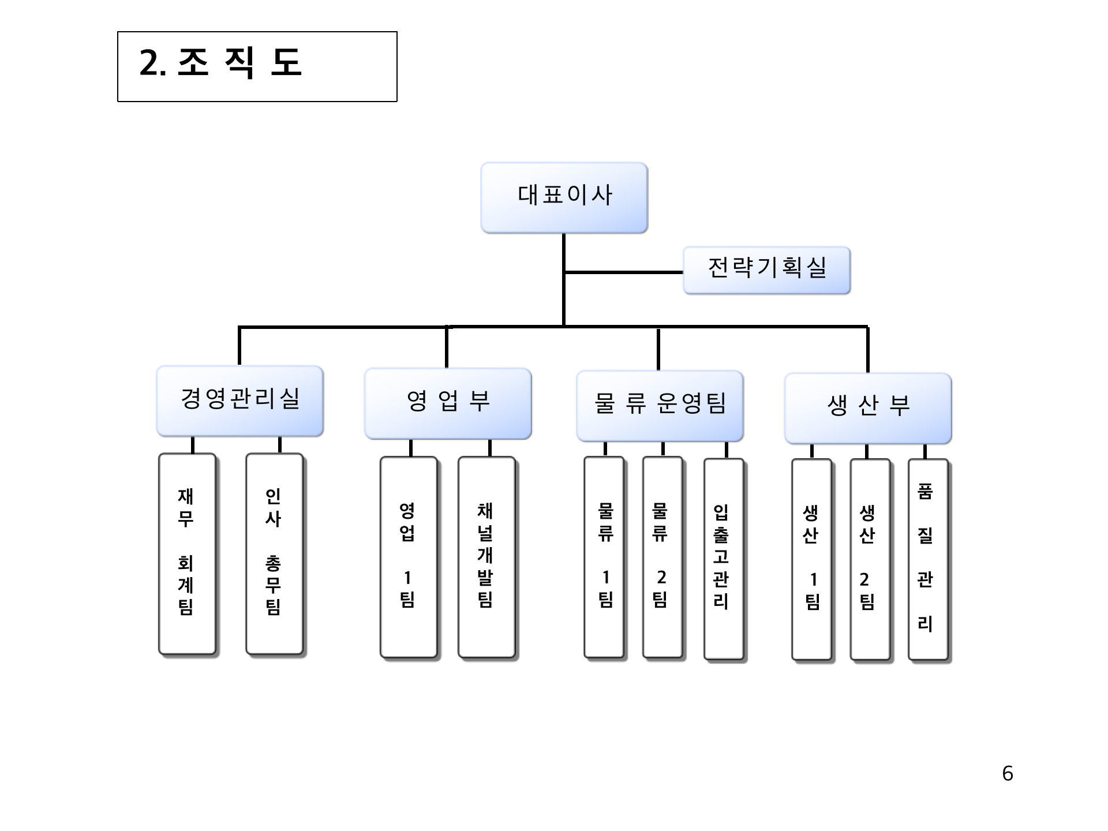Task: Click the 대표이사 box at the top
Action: (564, 197)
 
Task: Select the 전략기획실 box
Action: (766, 269)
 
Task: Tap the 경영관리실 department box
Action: (239, 400)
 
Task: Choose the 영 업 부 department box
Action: (448, 403)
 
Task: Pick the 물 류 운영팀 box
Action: (660, 405)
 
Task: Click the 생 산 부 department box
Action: (867, 407)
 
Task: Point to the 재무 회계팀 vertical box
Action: (187, 554)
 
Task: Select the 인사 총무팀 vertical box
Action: (274, 554)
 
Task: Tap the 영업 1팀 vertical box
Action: (408, 557)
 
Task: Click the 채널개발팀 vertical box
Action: (486, 557)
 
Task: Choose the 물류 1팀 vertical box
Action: (604, 557)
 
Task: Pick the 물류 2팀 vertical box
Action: (662, 557)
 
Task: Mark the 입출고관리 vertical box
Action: (723, 559)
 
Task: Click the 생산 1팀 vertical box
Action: (811, 559)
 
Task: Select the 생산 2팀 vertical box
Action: (869, 559)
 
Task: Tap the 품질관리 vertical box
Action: (927, 559)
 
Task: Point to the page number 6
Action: (1007, 773)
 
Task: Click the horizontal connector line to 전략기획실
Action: (623, 272)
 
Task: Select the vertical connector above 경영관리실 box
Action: (239, 346)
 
